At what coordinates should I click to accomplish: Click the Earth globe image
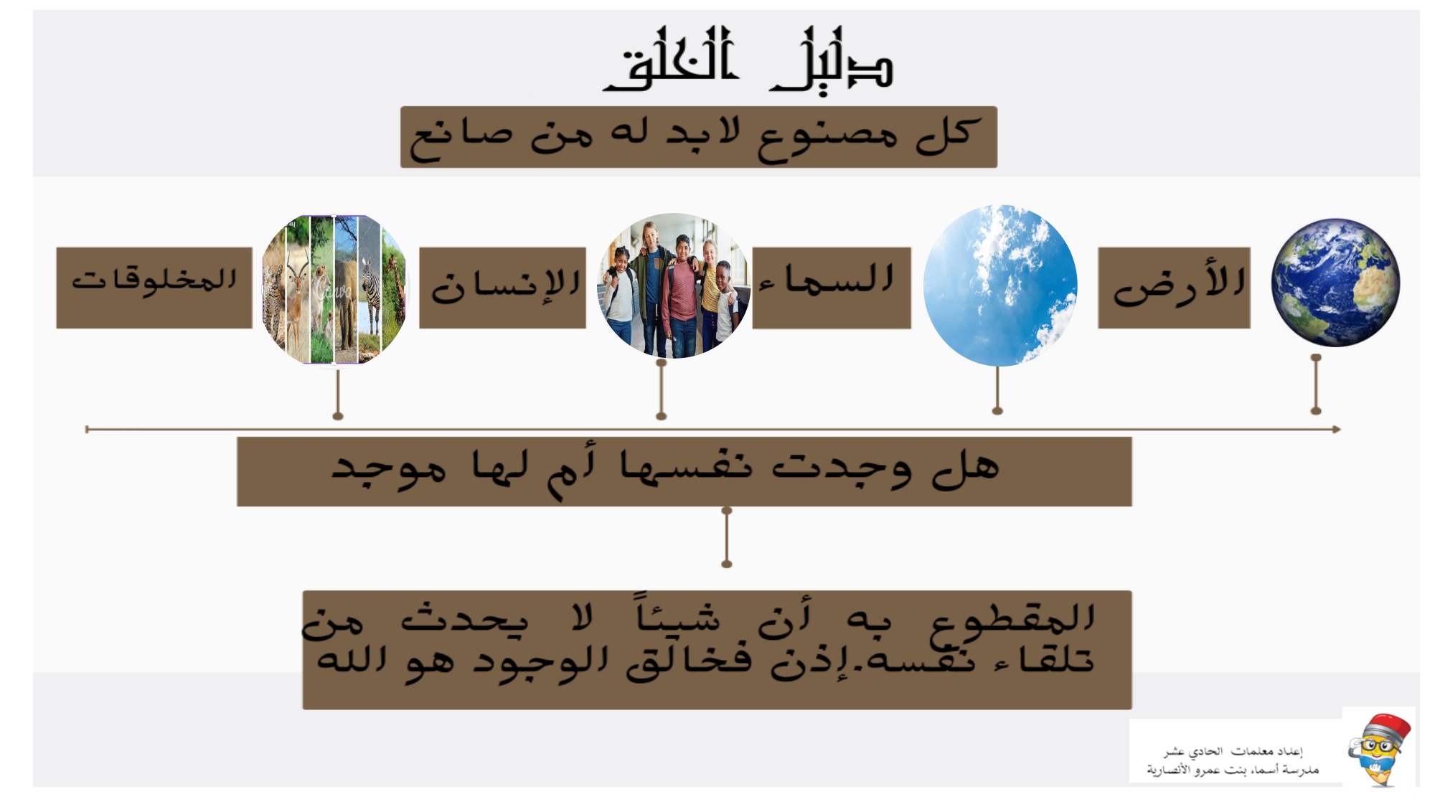1335,283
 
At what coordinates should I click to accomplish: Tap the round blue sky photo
1000,285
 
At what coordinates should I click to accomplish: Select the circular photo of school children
673,285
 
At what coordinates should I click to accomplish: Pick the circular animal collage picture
334,290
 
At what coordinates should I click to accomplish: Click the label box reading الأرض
1174,288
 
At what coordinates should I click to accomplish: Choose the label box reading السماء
832,288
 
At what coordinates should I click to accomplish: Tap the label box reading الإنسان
502,288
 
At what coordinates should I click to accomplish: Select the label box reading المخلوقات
154,288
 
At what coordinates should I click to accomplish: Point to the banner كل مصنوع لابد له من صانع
699,137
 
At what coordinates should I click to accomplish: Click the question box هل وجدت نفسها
684,471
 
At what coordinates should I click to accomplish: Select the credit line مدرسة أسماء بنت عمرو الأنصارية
1233,770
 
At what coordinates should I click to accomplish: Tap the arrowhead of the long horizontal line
1337,429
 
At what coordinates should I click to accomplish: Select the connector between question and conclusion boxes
727,537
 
